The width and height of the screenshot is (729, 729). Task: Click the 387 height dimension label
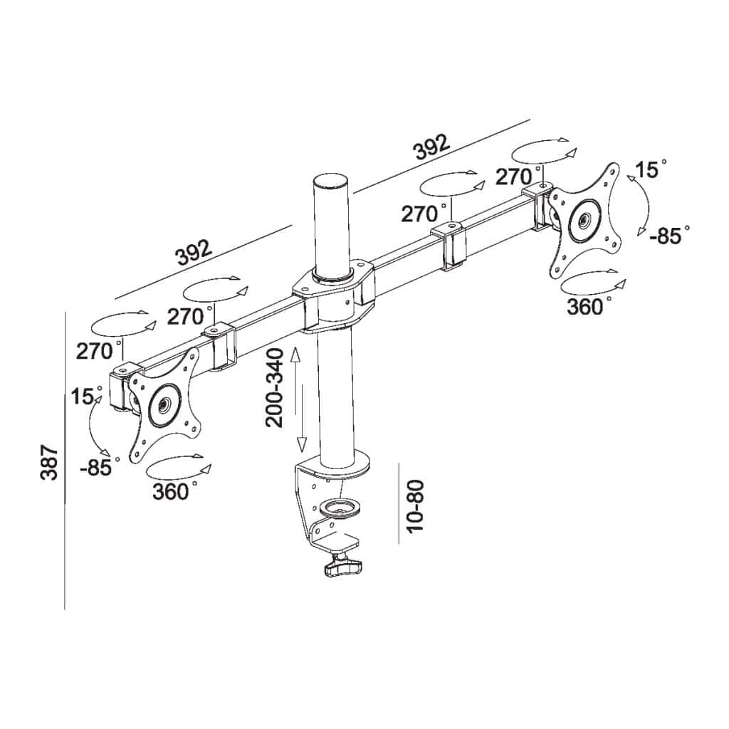pyautogui.click(x=48, y=462)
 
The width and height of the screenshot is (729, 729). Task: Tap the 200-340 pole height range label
pyautogui.click(x=275, y=388)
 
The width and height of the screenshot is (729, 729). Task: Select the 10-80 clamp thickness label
pyautogui.click(x=415, y=505)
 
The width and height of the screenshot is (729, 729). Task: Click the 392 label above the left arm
pyautogui.click(x=193, y=253)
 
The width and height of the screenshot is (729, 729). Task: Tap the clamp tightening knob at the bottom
pyautogui.click(x=343, y=567)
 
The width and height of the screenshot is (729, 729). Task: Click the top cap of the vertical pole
pyautogui.click(x=331, y=181)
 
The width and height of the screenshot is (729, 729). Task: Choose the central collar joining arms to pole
pyautogui.click(x=333, y=298)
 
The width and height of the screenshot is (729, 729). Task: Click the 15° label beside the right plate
pyautogui.click(x=651, y=169)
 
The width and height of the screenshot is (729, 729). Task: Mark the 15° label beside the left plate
pyautogui.click(x=86, y=396)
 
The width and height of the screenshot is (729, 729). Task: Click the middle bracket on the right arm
pyautogui.click(x=449, y=246)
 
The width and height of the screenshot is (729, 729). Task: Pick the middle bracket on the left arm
pyautogui.click(x=220, y=347)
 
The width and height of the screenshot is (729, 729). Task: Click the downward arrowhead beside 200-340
pyautogui.click(x=301, y=444)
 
